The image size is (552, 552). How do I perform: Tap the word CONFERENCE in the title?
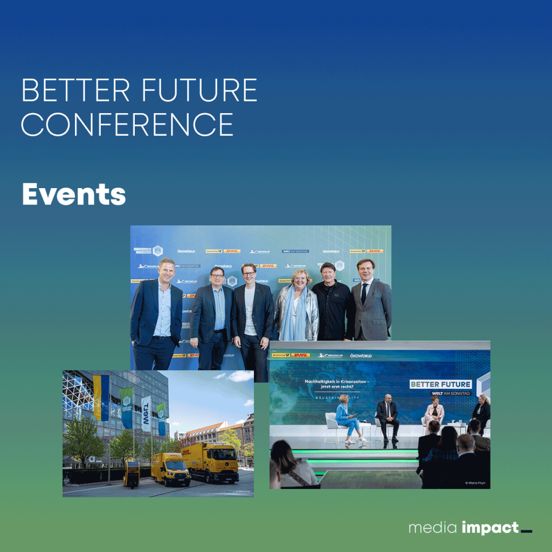pos(127,124)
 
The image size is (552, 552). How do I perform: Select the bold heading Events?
pos(74,194)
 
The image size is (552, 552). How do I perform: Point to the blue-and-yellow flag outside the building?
pos(101,398)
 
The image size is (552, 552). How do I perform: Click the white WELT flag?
pos(146,413)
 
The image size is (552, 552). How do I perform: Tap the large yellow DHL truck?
pos(210,461)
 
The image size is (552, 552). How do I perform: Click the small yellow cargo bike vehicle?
pos(131,473)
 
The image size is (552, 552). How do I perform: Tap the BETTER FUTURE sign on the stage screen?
pos(441,384)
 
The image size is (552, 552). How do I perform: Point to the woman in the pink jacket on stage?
pos(434,412)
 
